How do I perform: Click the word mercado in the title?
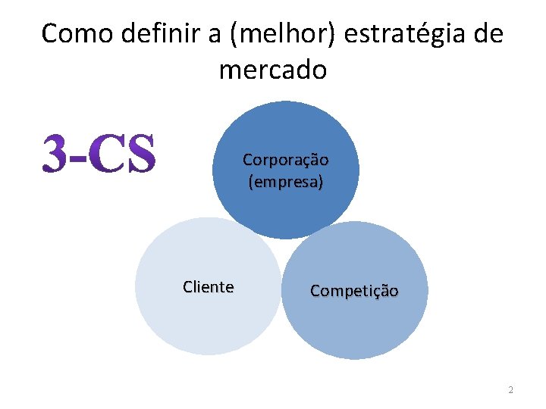point(273,70)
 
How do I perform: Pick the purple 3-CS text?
point(99,153)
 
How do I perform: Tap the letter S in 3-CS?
point(140,153)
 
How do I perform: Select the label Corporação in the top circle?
point(285,161)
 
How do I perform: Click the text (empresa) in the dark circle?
point(285,182)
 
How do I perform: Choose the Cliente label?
point(209,287)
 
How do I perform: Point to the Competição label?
point(354,291)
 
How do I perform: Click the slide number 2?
point(510,390)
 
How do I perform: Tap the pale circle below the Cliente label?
point(209,326)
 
